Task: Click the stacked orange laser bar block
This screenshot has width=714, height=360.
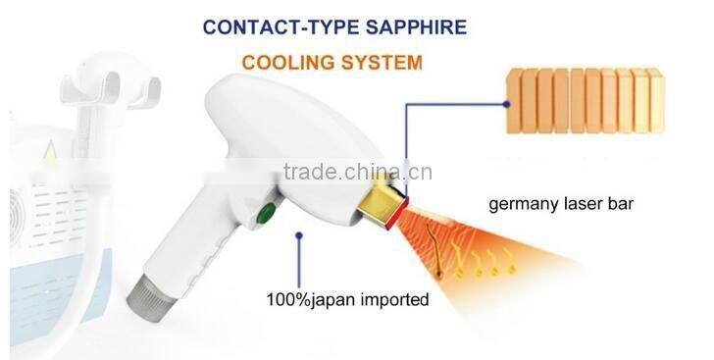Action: pos(585,100)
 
